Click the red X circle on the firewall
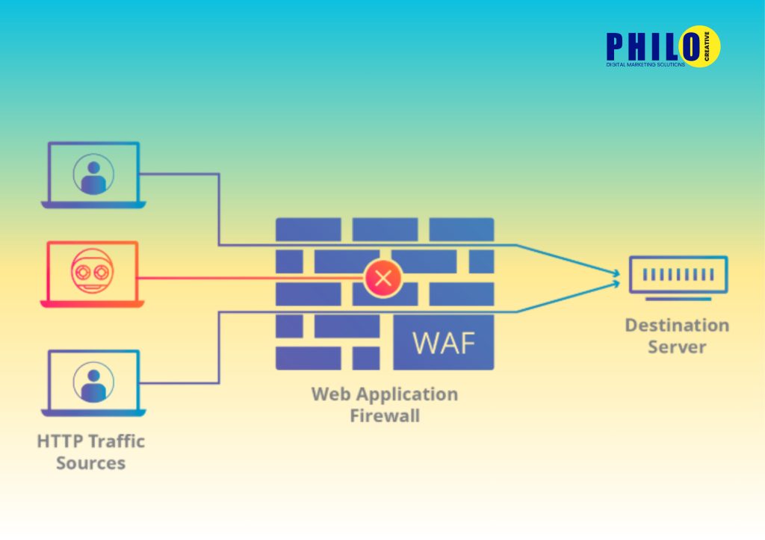tap(383, 279)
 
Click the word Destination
tap(677, 326)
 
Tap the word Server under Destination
tap(677, 347)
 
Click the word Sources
tap(90, 463)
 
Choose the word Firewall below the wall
tap(385, 415)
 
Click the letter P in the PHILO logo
tap(617, 47)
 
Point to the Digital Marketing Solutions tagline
tap(645, 65)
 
